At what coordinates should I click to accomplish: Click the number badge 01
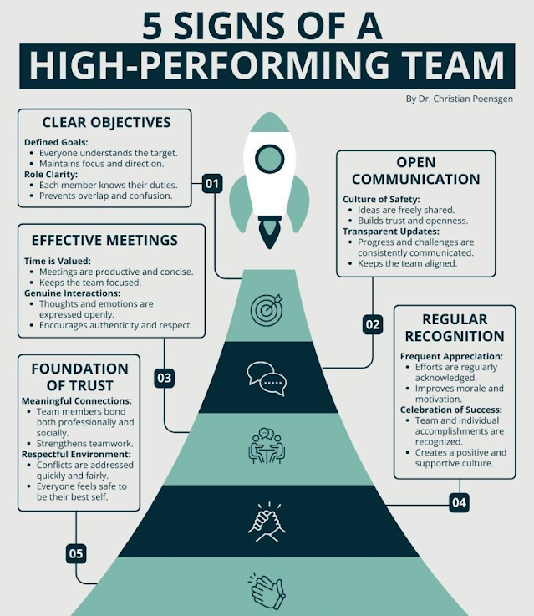(212, 183)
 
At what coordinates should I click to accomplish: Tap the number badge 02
(373, 324)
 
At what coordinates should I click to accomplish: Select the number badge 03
(164, 378)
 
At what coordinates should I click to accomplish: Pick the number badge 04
(459, 502)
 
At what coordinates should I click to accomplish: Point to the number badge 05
(76, 553)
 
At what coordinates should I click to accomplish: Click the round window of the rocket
(269, 158)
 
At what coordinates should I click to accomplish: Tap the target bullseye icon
(267, 309)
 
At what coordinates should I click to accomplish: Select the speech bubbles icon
(267, 378)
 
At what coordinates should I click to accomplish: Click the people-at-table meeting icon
(267, 446)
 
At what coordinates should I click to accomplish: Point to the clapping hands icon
(267, 590)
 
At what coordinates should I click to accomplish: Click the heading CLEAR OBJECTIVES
(105, 122)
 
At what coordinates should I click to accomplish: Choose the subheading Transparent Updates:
(389, 231)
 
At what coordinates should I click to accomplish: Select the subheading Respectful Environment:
(77, 454)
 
